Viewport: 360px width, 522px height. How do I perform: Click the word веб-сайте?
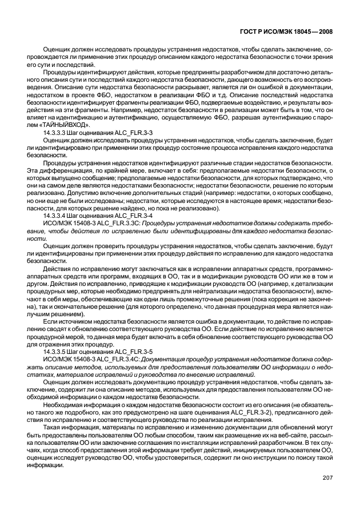pos(270,436)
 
